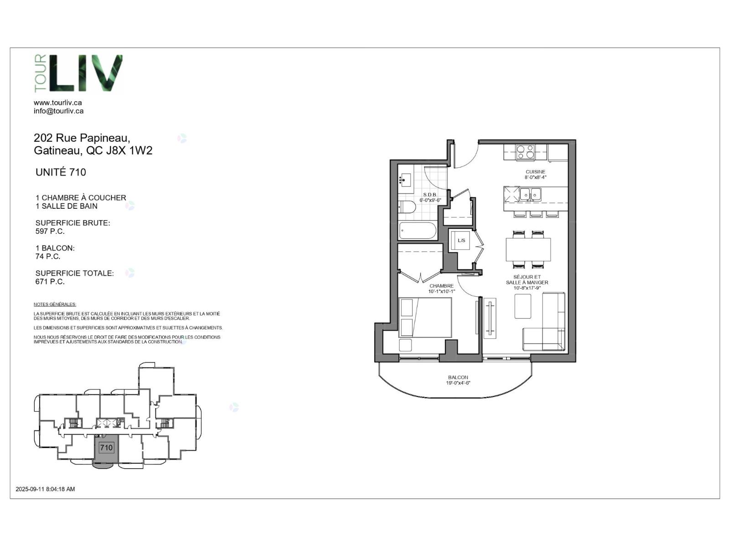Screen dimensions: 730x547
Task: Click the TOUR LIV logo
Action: click(x=78, y=73)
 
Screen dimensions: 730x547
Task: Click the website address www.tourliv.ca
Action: click(x=57, y=103)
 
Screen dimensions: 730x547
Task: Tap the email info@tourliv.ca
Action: click(x=58, y=111)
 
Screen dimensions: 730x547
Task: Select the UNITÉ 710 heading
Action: click(x=61, y=172)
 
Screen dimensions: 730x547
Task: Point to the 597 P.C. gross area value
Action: click(x=50, y=231)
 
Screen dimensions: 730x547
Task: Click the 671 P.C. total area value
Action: click(x=50, y=282)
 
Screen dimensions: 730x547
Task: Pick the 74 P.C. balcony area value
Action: click(x=47, y=256)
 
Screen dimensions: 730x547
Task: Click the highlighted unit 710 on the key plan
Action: click(x=106, y=448)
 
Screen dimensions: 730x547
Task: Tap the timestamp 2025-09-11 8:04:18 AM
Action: click(x=45, y=489)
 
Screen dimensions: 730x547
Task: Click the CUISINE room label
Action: click(x=536, y=172)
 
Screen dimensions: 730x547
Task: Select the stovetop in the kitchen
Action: click(x=525, y=152)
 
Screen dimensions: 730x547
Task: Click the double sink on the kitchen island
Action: click(x=531, y=195)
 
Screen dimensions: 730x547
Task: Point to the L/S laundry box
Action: click(x=461, y=240)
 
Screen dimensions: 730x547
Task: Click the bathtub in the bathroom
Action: click(x=417, y=231)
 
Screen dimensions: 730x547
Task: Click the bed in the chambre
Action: click(x=425, y=318)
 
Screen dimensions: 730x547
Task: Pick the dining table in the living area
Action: click(x=528, y=249)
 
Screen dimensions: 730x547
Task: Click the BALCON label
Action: click(x=458, y=377)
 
